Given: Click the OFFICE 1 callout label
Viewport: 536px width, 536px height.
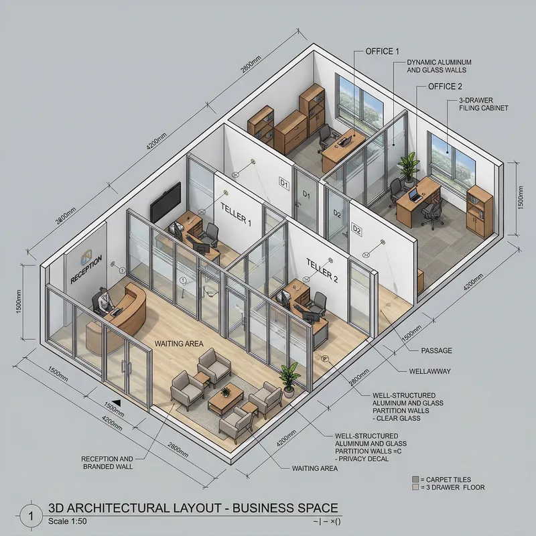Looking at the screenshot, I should coord(383,52).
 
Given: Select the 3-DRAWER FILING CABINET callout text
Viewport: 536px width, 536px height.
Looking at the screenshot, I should coord(482,103).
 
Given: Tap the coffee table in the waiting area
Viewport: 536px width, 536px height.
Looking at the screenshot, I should coord(225,399).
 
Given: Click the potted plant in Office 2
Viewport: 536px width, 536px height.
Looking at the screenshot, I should coord(407,167).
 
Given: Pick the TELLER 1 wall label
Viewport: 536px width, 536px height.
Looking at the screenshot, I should coord(235,213).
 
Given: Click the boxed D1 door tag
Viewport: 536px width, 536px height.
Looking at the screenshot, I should coord(283,182).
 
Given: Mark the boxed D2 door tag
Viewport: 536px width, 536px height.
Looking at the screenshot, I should coord(356,231).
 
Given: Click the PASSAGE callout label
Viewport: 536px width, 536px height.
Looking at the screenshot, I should coord(436,350).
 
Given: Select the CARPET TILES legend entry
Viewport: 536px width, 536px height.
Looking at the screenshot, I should coord(446,480).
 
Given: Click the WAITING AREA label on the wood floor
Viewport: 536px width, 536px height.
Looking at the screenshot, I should coord(179,344).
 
